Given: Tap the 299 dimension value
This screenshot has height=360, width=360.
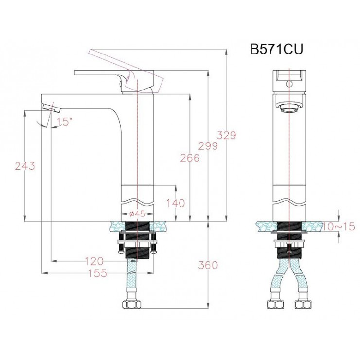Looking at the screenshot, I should (208, 145).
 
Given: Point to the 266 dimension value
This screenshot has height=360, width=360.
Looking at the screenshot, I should (189, 158).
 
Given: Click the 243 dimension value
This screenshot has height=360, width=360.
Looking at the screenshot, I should (24, 166).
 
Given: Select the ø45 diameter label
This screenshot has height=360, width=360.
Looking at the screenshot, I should (139, 214).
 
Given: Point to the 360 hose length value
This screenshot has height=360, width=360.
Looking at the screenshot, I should (208, 265).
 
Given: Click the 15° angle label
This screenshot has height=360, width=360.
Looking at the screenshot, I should (63, 122).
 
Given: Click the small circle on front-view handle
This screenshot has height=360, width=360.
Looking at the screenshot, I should (290, 84).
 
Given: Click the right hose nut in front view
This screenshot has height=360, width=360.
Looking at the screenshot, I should (305, 306).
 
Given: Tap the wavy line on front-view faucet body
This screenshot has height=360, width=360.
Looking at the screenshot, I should (290, 200).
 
